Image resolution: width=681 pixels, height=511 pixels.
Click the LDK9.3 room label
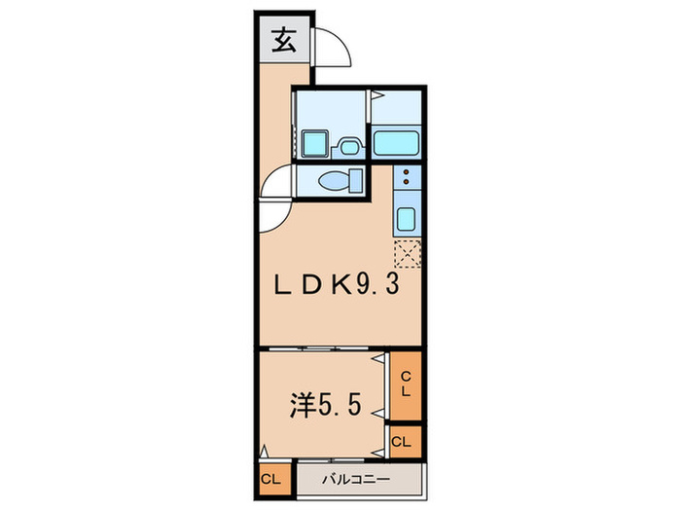pyautogui.click(x=336, y=287)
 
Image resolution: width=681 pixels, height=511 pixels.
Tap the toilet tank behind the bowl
pyautogui.click(x=356, y=181)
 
